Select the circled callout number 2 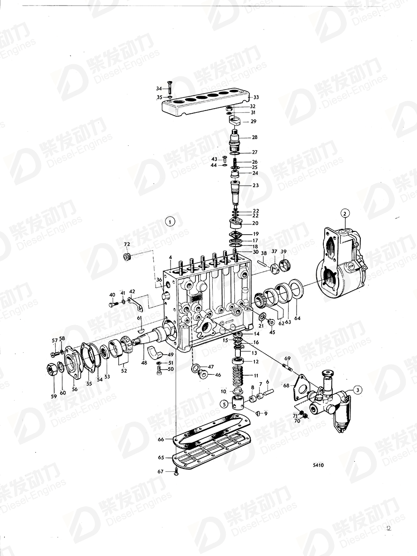pos(345,214)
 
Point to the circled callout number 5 pos(225,403)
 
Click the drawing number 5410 pos(319,466)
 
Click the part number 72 pos(127,245)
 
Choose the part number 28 pos(254,138)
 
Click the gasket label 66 pos(161,439)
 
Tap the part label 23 pos(255,185)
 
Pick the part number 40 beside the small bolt pos(112,295)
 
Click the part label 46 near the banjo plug pos(217,375)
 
